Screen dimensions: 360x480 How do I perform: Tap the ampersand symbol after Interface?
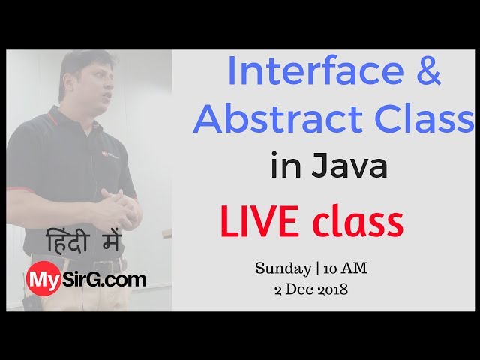coord(427,71)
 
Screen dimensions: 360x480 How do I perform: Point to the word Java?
coord(347,166)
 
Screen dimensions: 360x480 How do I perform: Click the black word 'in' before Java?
coord(284,166)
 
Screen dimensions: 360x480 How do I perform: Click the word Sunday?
coord(282,268)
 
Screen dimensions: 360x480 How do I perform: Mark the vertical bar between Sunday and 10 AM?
coord(313,268)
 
